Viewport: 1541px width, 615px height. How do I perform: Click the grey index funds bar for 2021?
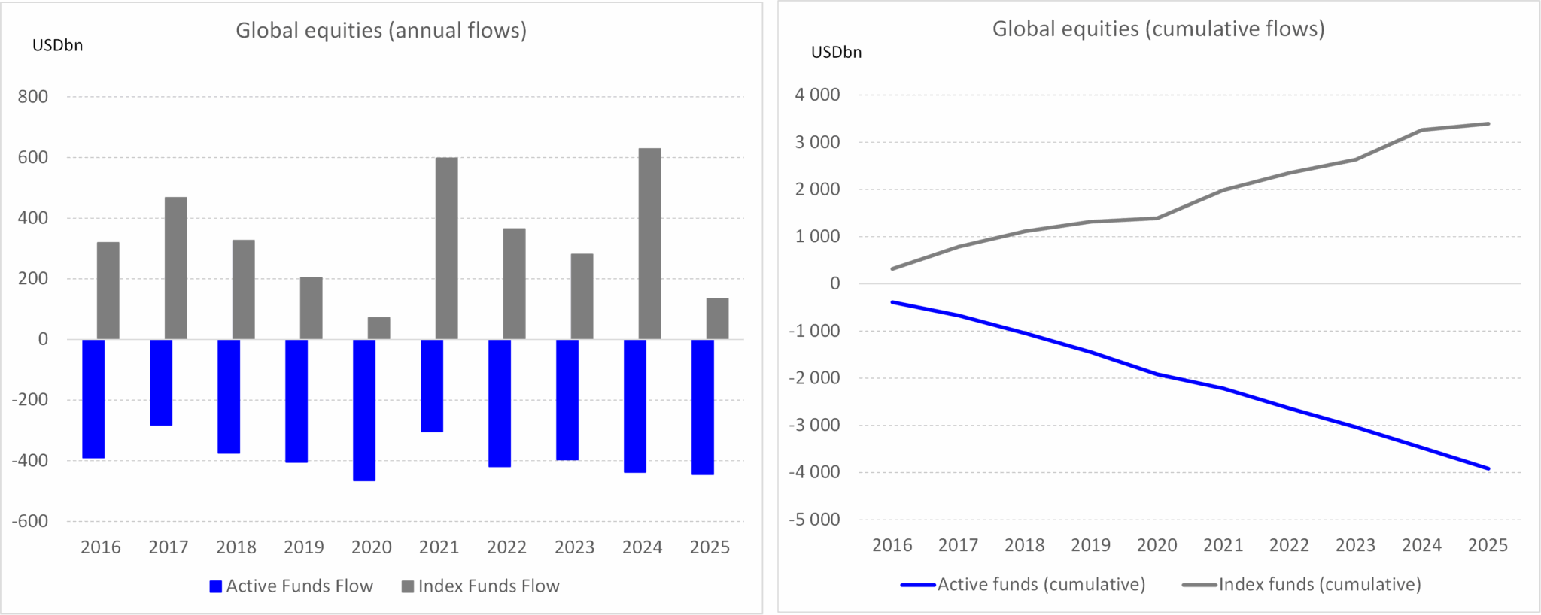click(x=446, y=248)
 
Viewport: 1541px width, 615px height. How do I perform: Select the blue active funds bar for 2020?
click(x=364, y=410)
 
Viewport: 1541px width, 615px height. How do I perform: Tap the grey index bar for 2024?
click(x=649, y=244)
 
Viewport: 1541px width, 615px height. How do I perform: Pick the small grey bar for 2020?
click(x=378, y=328)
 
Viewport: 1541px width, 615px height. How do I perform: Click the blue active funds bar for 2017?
click(x=161, y=382)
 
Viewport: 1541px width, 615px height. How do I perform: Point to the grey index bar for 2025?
click(x=717, y=319)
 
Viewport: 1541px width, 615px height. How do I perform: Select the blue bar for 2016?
click(x=93, y=398)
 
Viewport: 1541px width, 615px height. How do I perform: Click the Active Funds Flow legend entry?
click(x=291, y=586)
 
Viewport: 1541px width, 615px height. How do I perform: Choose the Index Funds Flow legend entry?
click(x=481, y=586)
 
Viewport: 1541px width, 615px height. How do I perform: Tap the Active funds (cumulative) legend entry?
click(x=1023, y=584)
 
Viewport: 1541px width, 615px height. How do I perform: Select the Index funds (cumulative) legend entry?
click(x=1302, y=584)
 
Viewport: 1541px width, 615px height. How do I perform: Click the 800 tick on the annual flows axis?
click(x=33, y=97)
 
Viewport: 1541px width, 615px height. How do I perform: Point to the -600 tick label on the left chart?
click(x=30, y=521)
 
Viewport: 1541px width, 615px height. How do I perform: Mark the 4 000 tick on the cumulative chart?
click(x=817, y=95)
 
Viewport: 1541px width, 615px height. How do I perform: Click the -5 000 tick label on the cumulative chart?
click(x=814, y=520)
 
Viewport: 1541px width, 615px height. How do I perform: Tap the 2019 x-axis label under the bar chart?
click(x=304, y=547)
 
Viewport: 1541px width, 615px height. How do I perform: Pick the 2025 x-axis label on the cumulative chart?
click(x=1488, y=545)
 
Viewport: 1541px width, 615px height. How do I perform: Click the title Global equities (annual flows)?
click(x=381, y=30)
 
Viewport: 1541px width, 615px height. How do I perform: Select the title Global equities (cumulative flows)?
click(x=1158, y=29)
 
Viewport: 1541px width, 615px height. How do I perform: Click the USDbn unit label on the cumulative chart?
click(x=836, y=53)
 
